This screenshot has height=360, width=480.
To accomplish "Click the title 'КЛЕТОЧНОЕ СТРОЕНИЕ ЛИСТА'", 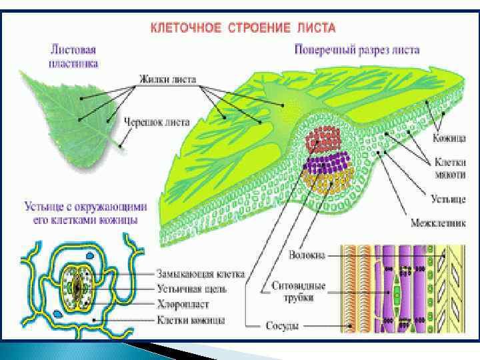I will (x=243, y=29).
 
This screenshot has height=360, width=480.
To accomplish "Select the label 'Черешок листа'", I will (x=157, y=123).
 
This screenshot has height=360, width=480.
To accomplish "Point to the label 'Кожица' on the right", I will (x=449, y=137).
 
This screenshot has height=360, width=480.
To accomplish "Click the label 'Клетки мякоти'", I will (x=449, y=167).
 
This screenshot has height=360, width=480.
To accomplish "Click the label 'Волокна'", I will (x=307, y=254).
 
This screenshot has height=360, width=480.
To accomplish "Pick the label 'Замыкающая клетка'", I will (x=201, y=273).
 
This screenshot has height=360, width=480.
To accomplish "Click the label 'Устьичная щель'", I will (x=192, y=289).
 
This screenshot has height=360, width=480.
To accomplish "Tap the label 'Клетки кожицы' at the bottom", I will (x=191, y=320).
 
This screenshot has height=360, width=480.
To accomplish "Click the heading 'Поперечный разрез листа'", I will (x=357, y=50).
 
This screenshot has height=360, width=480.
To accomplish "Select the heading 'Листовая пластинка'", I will (x=74, y=56).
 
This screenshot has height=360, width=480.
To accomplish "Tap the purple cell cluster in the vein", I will (x=327, y=163).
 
